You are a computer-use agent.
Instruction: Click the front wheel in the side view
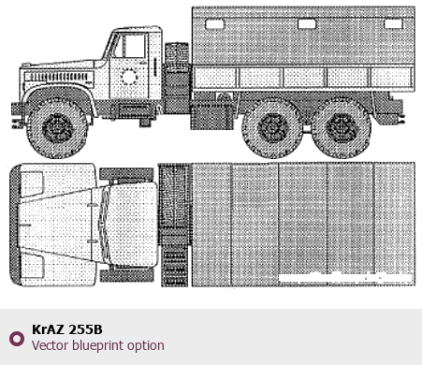58,128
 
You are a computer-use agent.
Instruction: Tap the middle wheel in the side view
272,128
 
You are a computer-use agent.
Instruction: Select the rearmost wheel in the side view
342,128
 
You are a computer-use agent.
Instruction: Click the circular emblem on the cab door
129,77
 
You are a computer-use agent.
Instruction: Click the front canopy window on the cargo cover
214,24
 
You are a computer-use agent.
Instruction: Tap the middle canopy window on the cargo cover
307,24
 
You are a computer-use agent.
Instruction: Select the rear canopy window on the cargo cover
393,23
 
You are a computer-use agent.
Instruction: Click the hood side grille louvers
59,77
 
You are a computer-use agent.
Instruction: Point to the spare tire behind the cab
177,78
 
